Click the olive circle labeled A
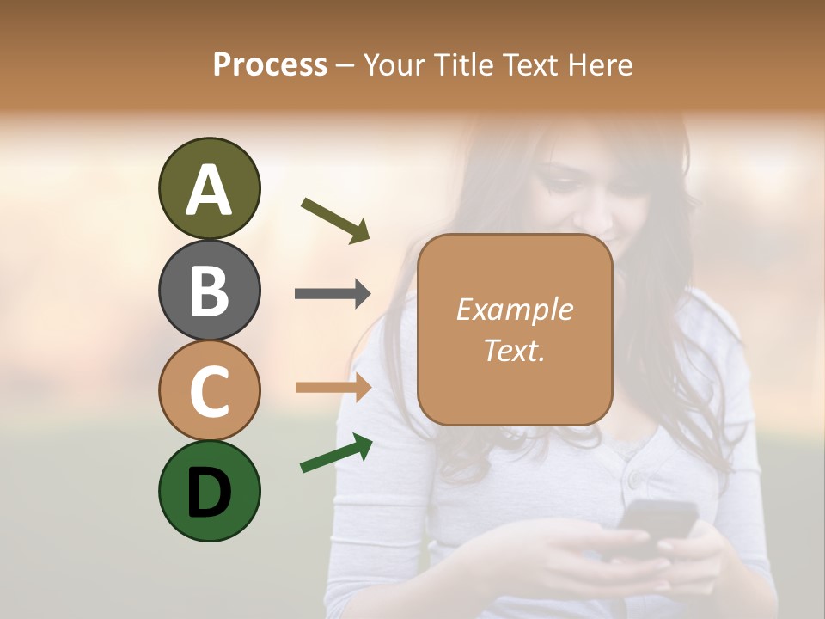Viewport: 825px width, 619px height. pos(209,188)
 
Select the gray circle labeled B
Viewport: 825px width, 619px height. pos(209,290)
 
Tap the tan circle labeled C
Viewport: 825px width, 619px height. pos(209,390)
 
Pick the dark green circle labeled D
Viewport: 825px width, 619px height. pos(209,491)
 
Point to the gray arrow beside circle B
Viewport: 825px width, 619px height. pos(333,293)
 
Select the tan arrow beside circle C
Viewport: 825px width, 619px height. pos(333,387)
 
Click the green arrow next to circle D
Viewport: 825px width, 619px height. pos(336,453)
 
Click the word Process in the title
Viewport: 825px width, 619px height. pos(270,64)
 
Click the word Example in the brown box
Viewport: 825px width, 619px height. pos(514,309)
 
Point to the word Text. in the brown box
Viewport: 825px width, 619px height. pos(514,350)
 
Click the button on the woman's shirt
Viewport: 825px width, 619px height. pos(636,477)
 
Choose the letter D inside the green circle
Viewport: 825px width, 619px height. pos(209,493)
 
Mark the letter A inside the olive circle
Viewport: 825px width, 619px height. pos(209,190)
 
